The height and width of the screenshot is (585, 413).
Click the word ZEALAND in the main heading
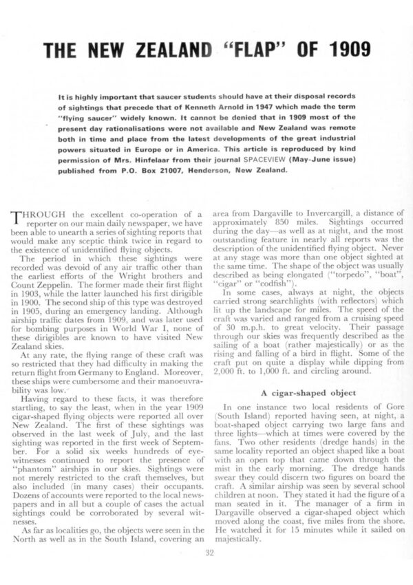click(156, 51)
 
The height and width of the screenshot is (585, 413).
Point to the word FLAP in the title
click(245, 51)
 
